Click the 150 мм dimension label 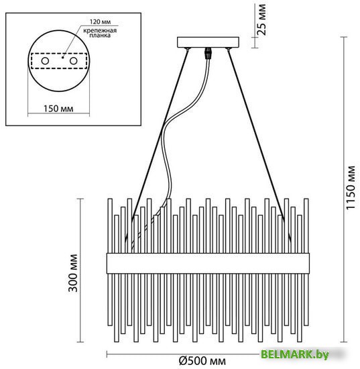click(x=58, y=109)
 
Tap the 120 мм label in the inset click(x=100, y=22)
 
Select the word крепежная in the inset click(x=100, y=31)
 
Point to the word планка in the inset click(x=100, y=36)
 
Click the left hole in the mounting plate click(x=45, y=61)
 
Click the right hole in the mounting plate click(x=73, y=61)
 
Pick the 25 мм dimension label click(x=261, y=19)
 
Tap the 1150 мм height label click(x=351, y=188)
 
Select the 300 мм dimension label click(x=72, y=273)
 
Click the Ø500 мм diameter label click(x=202, y=361)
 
